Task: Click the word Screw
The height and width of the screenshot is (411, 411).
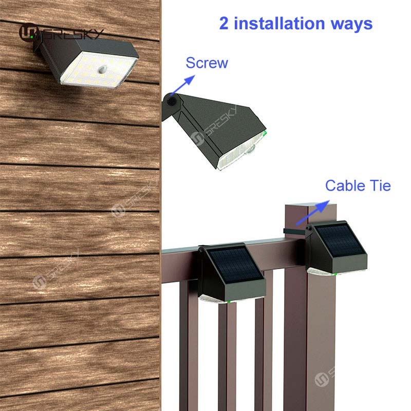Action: coord(207,63)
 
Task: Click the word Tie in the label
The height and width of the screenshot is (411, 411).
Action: coord(380,185)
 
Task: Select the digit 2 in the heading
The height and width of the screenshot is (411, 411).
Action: coord(223,23)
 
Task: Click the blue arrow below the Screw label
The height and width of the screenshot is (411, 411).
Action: coord(183,85)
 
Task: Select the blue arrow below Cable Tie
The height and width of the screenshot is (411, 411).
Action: coord(313,212)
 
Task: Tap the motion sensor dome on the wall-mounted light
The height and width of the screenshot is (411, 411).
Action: coord(102,69)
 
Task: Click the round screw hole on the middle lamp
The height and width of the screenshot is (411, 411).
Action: coord(172,101)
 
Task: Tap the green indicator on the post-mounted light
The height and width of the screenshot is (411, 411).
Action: coord(335,274)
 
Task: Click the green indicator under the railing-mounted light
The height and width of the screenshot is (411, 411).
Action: coord(229,302)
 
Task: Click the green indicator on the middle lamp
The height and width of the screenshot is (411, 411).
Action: coord(265,133)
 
